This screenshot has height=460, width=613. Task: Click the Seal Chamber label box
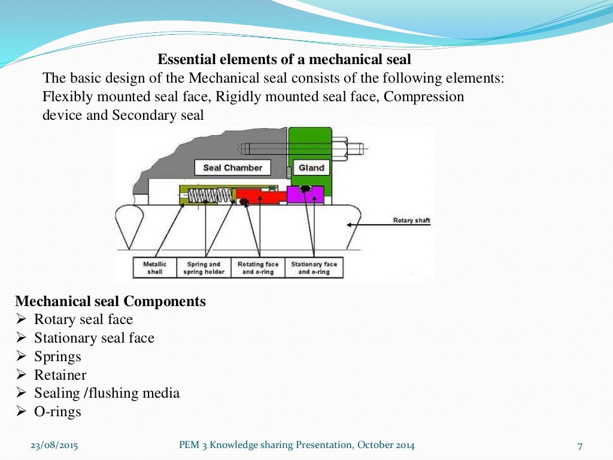pyautogui.click(x=232, y=168)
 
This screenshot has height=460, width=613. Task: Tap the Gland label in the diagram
pyautogui.click(x=311, y=168)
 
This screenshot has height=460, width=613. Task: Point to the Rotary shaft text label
pyautogui.click(x=411, y=220)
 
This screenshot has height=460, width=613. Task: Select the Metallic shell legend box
pyautogui.click(x=154, y=268)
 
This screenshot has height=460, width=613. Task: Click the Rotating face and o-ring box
pyautogui.click(x=258, y=268)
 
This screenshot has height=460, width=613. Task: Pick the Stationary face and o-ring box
pyautogui.click(x=314, y=268)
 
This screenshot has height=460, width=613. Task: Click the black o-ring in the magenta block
pyautogui.click(x=305, y=189)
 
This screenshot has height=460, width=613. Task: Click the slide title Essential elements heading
pyautogui.click(x=284, y=60)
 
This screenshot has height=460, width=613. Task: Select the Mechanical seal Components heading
pyautogui.click(x=110, y=301)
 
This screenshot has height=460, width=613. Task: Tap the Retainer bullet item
pyautogui.click(x=60, y=376)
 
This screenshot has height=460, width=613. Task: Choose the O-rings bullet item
pyautogui.click(x=57, y=412)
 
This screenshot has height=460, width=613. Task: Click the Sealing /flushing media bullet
pyautogui.click(x=107, y=394)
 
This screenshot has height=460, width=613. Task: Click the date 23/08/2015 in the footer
pyautogui.click(x=54, y=445)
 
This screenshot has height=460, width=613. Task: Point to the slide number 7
pyautogui.click(x=579, y=446)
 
